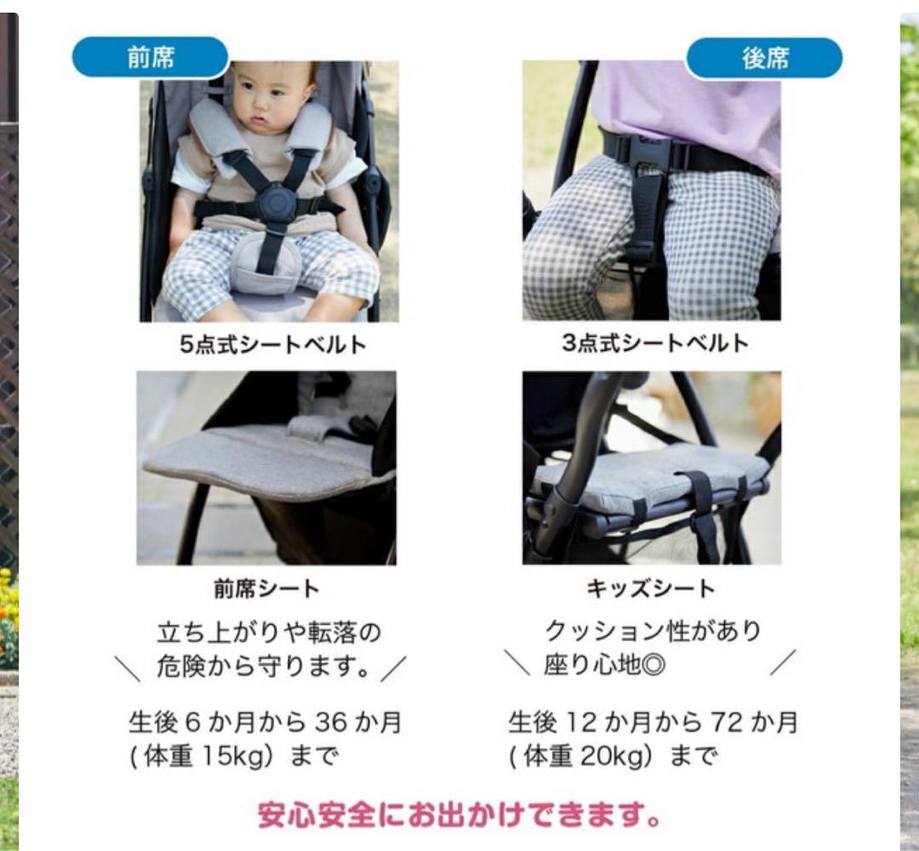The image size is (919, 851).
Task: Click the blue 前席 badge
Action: click(150, 58)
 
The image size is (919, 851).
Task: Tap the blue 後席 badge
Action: click(764, 58)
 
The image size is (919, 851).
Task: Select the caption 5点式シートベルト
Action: click(273, 344)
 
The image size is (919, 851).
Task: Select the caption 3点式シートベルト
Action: click(655, 343)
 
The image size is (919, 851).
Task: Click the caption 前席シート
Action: click(266, 588)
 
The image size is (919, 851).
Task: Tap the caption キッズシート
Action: click(651, 588)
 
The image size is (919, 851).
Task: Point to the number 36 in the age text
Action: click(331, 722)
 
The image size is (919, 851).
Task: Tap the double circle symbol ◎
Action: click(654, 666)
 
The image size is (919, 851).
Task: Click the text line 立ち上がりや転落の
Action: click(269, 633)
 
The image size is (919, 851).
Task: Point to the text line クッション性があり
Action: click(653, 632)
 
